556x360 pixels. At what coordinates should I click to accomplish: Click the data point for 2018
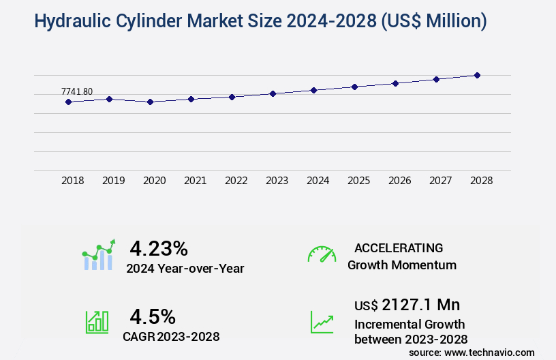click(69, 102)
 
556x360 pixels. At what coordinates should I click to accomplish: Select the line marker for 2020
click(151, 102)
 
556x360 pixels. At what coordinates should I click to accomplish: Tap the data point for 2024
click(314, 90)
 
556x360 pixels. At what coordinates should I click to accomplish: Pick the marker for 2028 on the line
click(478, 75)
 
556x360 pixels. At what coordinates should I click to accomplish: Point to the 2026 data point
click(395, 83)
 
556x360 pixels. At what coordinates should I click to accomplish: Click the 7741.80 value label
click(77, 91)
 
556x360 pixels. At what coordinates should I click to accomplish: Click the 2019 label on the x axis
click(114, 181)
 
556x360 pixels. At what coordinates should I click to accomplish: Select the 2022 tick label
click(236, 181)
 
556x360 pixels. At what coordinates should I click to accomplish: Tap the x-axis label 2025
click(359, 181)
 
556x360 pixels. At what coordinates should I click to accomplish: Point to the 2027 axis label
click(441, 181)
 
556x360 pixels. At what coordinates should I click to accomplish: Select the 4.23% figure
click(159, 248)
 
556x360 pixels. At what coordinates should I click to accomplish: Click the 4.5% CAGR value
click(153, 316)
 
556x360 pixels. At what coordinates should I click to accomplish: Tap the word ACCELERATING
click(399, 248)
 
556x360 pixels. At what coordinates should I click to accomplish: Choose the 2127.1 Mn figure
click(420, 305)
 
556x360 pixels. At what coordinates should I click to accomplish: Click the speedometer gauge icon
click(322, 254)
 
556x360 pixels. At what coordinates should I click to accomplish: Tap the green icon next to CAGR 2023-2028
click(97, 322)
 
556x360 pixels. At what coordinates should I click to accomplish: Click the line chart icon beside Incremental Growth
click(322, 322)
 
